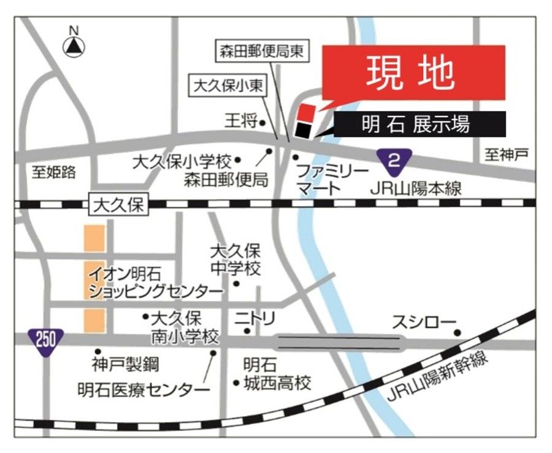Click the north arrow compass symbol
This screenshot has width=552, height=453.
click(x=75, y=44)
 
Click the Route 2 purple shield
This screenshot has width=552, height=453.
click(x=394, y=161)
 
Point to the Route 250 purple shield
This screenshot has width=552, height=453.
click(x=45, y=338)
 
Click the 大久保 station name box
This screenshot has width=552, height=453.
click(x=118, y=205)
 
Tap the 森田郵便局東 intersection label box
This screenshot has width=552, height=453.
click(x=261, y=51)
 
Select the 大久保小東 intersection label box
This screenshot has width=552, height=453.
click(x=228, y=86)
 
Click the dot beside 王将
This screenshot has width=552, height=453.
click(x=262, y=123)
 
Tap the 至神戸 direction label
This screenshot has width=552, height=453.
click(x=506, y=156)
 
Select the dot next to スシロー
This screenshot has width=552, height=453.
click(x=458, y=333)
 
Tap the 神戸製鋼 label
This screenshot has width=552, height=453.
click(x=125, y=365)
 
